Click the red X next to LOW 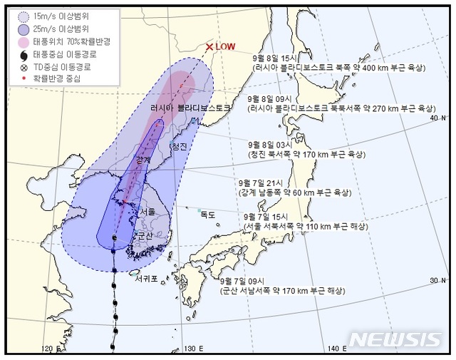209,48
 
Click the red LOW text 226,47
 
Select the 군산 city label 145,235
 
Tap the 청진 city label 178,146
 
